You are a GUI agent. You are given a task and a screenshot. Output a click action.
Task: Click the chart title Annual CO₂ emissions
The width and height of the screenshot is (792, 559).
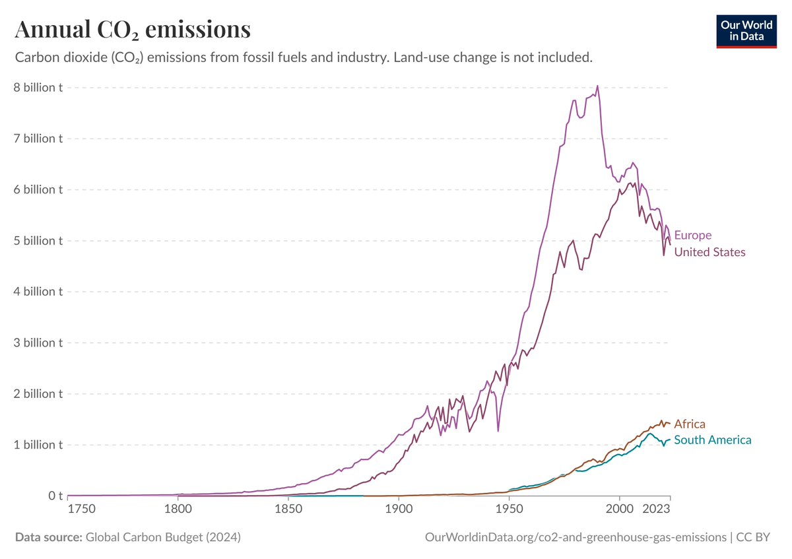(132, 30)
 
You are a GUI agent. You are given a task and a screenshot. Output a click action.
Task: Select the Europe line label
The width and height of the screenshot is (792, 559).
(692, 235)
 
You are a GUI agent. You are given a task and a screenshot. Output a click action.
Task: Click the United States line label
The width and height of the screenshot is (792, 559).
(709, 252)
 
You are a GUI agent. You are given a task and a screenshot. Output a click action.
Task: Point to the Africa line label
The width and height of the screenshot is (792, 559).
(690, 424)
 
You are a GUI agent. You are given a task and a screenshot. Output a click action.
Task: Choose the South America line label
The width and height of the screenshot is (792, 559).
(712, 440)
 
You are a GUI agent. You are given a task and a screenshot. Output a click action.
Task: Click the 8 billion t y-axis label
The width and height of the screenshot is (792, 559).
(39, 88)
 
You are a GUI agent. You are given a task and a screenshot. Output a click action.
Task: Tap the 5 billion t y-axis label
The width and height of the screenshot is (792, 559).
(39, 240)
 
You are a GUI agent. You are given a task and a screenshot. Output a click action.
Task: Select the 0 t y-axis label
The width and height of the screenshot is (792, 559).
(55, 495)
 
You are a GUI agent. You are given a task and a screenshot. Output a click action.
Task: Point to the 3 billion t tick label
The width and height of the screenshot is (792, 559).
(39, 343)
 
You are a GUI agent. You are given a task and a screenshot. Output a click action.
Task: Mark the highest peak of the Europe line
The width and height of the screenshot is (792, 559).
(597, 85)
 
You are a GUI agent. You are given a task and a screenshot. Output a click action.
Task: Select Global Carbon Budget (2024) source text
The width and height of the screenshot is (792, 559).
(162, 537)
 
